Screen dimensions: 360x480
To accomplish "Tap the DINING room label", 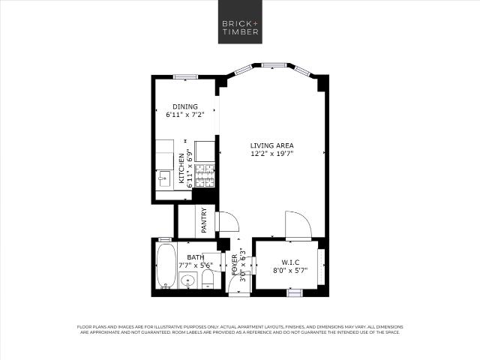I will [185, 106].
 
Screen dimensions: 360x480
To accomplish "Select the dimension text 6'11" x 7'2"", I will [185, 115].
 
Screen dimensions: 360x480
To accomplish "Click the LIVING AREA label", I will [271, 145].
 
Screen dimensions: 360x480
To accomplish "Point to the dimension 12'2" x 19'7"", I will [271, 154].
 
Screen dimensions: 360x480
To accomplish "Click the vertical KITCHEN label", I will [182, 169].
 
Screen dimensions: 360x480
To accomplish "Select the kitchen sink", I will [163, 178].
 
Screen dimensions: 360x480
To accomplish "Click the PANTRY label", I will [204, 220].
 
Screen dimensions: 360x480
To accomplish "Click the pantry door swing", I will [226, 223].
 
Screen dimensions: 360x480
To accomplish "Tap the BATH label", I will [185, 256].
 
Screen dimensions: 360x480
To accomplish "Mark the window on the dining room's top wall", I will [185, 76].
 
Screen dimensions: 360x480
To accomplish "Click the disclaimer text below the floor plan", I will [240, 329].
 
